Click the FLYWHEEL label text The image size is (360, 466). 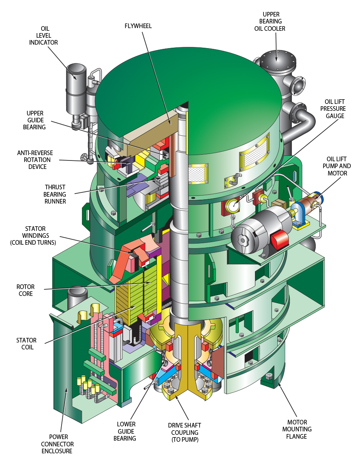point(138,26)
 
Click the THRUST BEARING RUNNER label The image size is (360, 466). point(55,194)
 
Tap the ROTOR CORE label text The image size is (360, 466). point(25,290)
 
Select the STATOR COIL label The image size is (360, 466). point(26,344)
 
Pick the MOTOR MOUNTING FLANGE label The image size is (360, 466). point(297,429)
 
